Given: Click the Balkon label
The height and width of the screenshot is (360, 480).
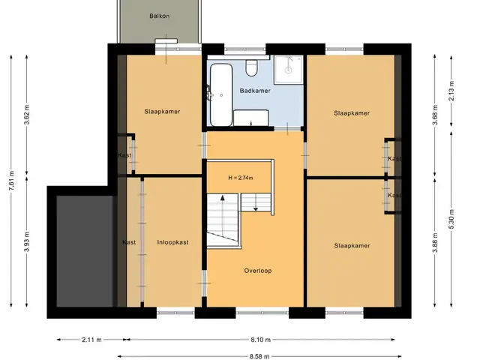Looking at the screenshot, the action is pos(159,16).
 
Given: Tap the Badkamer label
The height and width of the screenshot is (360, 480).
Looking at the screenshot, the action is pos(255,91).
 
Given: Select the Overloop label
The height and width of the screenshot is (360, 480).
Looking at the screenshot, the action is pos(258,271).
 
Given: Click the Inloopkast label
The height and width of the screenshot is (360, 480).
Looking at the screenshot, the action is pos(172,242).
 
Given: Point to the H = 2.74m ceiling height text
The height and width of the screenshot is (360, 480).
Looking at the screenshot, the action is pos(241,178).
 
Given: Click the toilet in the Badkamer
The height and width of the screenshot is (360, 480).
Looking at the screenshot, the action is pos(252,68).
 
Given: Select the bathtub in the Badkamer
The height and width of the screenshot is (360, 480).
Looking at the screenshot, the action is pos(221,95).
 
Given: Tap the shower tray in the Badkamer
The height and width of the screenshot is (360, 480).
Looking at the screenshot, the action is pos(288,70).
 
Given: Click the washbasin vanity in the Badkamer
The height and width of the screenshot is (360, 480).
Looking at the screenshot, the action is pos(251,118).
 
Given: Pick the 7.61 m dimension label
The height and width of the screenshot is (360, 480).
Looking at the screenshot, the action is pos(11,181).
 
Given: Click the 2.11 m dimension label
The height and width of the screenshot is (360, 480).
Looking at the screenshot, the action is pos(91,340).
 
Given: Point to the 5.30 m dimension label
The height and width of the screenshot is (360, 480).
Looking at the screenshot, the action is pos(451,218).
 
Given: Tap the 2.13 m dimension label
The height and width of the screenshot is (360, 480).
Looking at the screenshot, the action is pos(451,91).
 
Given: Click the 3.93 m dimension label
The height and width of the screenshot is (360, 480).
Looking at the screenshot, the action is pos(27,241).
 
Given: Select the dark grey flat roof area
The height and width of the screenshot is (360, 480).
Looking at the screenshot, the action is pos(85,251).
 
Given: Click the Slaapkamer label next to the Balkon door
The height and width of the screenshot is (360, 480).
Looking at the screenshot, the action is pos(162,112).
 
